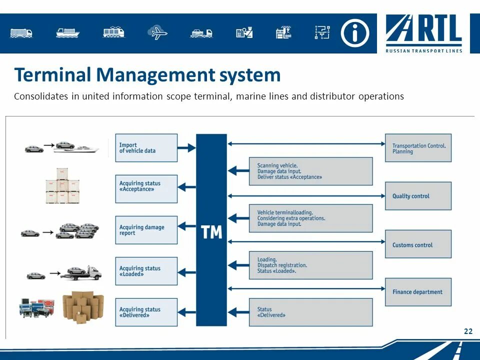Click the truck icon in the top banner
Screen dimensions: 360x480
click(x=21, y=33)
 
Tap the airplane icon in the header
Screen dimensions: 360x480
click(x=157, y=33)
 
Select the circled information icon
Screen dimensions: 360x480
click(x=355, y=33)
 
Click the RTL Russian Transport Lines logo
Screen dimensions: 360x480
click(x=424, y=33)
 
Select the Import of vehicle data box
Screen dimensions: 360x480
click(x=146, y=147)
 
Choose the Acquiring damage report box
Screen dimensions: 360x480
click(x=146, y=230)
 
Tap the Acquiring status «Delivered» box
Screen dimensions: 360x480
click(x=146, y=312)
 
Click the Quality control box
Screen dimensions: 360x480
click(x=418, y=196)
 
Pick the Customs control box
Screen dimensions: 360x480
click(x=418, y=244)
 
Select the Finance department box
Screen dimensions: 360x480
click(x=418, y=292)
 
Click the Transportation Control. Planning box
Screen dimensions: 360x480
click(x=418, y=148)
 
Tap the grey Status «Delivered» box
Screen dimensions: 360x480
click(x=310, y=312)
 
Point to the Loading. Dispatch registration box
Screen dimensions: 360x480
click(x=310, y=265)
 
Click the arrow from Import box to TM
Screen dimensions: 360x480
click(x=186, y=148)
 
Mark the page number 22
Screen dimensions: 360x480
click(x=468, y=331)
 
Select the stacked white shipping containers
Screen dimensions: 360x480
click(x=57, y=186)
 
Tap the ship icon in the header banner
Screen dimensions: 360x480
click(x=68, y=33)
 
